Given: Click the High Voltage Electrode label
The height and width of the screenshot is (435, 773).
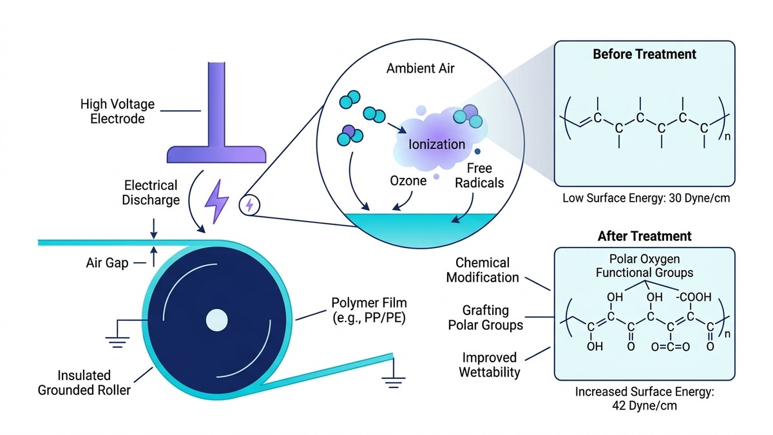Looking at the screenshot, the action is pyautogui.click(x=117, y=111).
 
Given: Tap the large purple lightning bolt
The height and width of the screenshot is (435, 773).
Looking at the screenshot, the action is pyautogui.click(x=216, y=201).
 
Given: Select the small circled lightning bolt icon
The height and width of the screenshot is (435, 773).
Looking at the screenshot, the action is pyautogui.click(x=249, y=206).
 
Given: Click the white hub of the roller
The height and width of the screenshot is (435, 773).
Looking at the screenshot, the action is pyautogui.click(x=216, y=320).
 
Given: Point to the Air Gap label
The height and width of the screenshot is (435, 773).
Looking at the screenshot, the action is pyautogui.click(x=107, y=263).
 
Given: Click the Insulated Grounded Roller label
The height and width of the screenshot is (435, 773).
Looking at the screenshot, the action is pyautogui.click(x=84, y=383).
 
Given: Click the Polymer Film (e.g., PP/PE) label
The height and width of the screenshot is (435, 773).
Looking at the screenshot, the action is pyautogui.click(x=369, y=311).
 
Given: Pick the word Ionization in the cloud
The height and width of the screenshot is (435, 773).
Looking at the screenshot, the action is pyautogui.click(x=437, y=144).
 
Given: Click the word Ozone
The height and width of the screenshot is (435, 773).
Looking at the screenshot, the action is pyautogui.click(x=408, y=180).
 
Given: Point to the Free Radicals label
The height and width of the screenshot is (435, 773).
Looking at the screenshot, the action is pyautogui.click(x=479, y=176).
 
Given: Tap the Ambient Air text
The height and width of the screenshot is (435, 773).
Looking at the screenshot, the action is pyautogui.click(x=420, y=68).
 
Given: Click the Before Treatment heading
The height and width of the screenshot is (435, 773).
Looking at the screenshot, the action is pyautogui.click(x=644, y=54).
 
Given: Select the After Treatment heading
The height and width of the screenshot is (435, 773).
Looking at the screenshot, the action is pyautogui.click(x=644, y=236).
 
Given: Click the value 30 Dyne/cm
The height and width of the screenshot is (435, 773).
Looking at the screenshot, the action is pyautogui.click(x=699, y=198).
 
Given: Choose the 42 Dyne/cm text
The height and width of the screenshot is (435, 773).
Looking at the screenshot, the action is pyautogui.click(x=644, y=405).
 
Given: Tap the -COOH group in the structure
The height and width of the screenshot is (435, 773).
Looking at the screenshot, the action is pyautogui.click(x=694, y=297).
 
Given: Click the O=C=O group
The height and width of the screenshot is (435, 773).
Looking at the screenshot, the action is pyautogui.click(x=671, y=347).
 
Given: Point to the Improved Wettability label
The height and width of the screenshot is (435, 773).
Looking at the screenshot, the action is pyautogui.click(x=490, y=365).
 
